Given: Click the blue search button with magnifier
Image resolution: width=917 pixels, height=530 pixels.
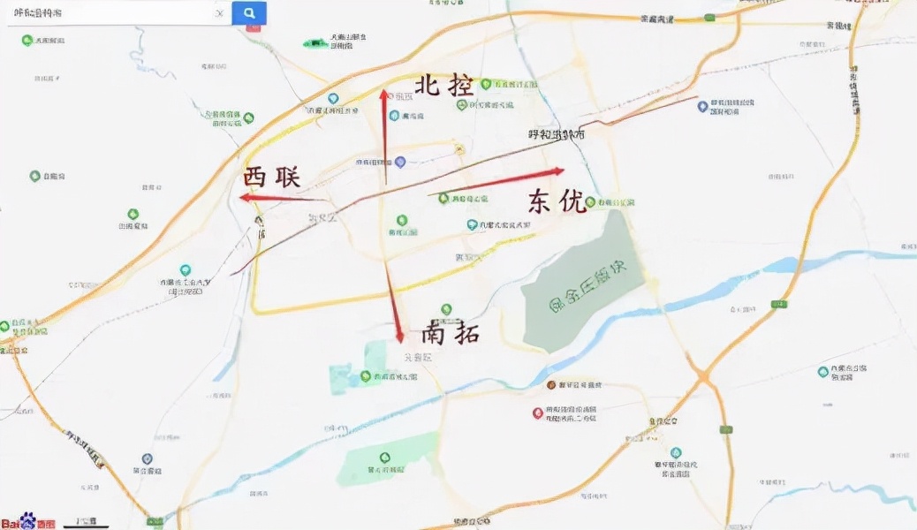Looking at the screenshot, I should [x=249, y=13].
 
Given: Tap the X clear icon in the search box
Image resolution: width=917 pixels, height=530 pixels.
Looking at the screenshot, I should [x=219, y=14].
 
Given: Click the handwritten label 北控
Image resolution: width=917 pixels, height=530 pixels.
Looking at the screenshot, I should [x=443, y=86].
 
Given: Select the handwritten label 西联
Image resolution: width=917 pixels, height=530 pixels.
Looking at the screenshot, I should [x=271, y=177].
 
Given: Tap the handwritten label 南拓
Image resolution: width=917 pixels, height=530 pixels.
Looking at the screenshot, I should [x=450, y=333].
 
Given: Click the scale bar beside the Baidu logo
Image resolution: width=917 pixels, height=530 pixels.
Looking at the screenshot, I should [x=86, y=522].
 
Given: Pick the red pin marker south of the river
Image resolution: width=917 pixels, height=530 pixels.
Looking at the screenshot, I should [x=538, y=413].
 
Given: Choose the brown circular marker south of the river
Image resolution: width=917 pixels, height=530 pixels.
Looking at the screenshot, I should [x=550, y=385].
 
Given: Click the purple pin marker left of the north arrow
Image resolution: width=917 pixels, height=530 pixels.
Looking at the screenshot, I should [x=400, y=163].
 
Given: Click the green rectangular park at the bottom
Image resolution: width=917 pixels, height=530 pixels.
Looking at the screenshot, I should [x=389, y=459].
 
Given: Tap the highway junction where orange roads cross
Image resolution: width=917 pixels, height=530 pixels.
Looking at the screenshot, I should [x=703, y=376].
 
